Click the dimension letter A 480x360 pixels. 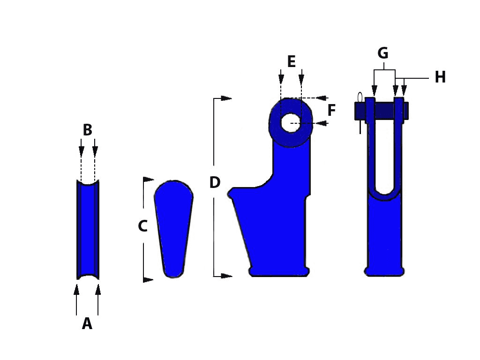87,323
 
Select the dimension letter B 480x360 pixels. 88,130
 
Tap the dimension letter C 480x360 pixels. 142,226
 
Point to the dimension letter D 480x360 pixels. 215,182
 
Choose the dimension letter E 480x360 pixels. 292,61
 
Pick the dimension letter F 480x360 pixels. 331,110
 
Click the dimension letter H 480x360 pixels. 440,77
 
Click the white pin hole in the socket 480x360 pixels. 291,123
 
